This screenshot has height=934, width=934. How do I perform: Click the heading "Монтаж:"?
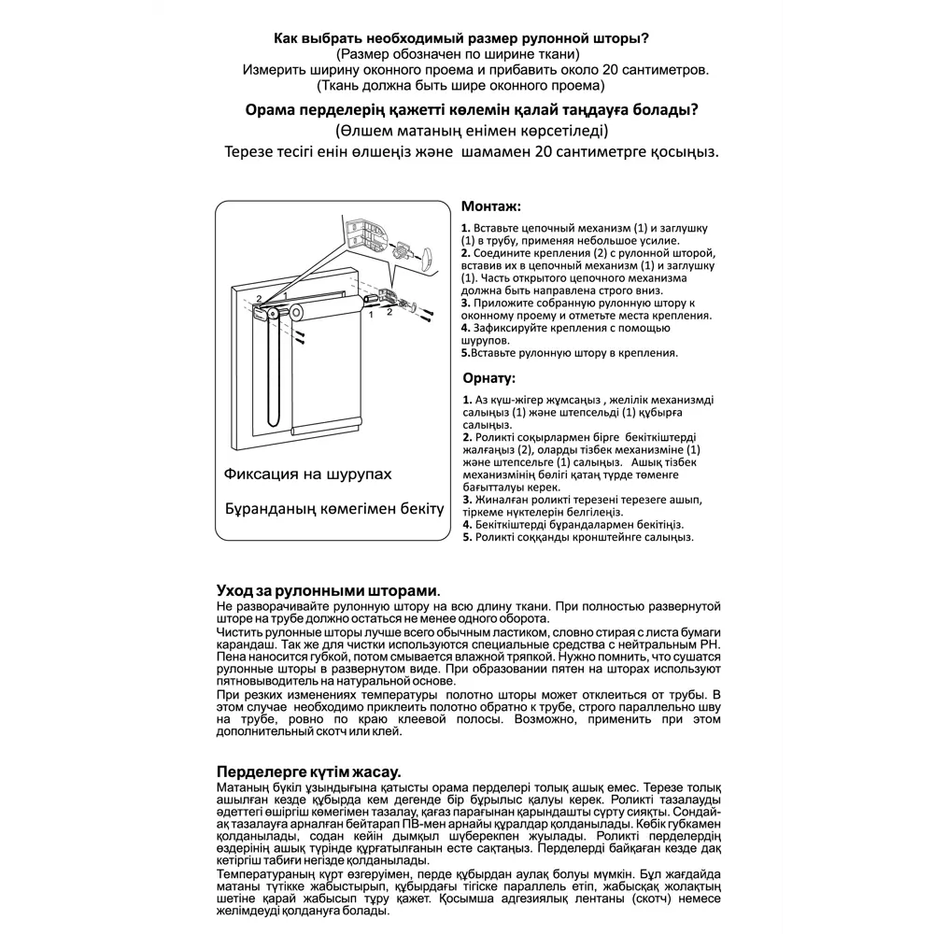pos(491,206)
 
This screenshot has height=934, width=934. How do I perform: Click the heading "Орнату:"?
pos(488,378)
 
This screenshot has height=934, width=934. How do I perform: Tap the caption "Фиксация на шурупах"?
pos(307,474)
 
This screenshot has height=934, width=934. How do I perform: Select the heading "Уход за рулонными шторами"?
pos(326,591)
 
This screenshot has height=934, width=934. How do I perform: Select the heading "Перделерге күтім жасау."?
pos(308,771)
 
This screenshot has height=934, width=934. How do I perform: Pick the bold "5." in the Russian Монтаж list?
pos(466,354)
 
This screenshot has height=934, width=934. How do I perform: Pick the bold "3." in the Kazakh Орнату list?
pos(466,500)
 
